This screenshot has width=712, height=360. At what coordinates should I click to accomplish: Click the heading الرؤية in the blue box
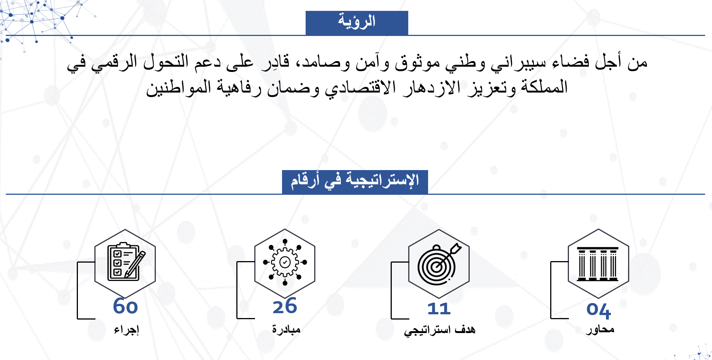click(357, 22)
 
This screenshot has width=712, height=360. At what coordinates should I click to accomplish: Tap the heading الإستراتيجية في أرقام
click(355, 181)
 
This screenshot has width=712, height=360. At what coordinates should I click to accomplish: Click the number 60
click(125, 306)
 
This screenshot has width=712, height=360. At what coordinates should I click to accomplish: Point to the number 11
click(439, 309)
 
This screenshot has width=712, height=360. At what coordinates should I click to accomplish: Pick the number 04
click(599, 310)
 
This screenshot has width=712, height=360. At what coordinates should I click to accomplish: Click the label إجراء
click(127, 330)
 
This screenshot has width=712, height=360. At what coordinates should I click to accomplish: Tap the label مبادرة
click(286, 329)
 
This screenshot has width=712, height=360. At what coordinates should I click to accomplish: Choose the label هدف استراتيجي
click(440, 330)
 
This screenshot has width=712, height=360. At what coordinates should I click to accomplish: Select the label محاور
click(600, 330)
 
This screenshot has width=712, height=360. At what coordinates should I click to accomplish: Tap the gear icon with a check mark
click(285, 262)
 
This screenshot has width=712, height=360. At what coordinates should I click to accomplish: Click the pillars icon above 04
click(598, 264)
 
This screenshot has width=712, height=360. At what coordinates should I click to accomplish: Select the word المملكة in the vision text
click(544, 88)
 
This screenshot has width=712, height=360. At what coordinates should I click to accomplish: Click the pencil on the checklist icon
click(135, 264)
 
